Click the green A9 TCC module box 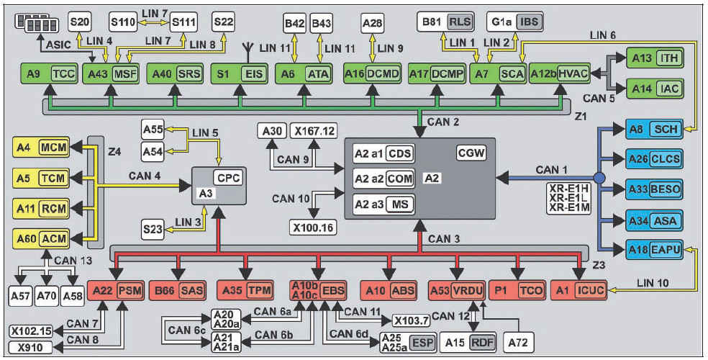[x=49, y=73]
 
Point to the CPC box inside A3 [x=228, y=176]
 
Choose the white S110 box [x=123, y=22]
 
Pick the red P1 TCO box [x=517, y=290]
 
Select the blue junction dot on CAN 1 [x=599, y=177]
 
